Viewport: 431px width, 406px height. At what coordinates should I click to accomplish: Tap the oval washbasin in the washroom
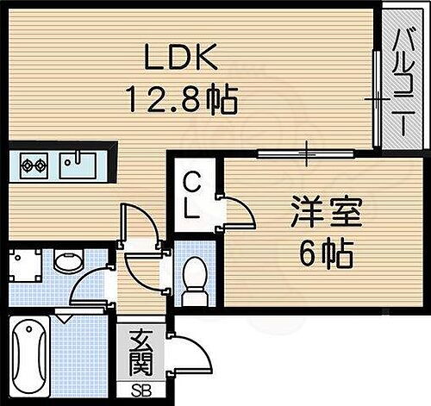pos(66,261)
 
